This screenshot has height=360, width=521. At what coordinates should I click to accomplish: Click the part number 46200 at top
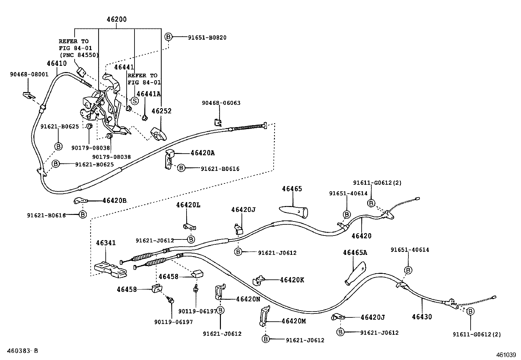coord(117,19)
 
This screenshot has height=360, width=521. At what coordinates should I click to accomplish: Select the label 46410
coord(56,64)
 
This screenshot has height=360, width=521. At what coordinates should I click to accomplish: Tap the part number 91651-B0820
coord(207,37)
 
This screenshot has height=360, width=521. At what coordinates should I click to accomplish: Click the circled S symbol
coord(135,100)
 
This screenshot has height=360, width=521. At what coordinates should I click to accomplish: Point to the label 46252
coord(161,111)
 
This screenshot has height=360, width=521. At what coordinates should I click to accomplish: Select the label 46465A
coord(355,253)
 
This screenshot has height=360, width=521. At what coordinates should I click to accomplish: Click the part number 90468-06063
coord(221,103)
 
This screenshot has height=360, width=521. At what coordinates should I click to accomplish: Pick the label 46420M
coord(294,321)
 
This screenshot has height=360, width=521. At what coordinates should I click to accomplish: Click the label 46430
coord(422,317)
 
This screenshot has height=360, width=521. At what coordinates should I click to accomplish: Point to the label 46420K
coord(292,280)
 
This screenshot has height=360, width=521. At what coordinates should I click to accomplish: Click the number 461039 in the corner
coord(506,355)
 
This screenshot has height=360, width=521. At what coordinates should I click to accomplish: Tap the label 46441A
coord(149,94)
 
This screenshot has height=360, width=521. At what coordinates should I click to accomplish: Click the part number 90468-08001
coord(29,74)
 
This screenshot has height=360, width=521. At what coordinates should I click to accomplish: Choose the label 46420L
coord(188,205)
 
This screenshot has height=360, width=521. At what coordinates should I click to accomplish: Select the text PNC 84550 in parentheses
coord(79,55)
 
